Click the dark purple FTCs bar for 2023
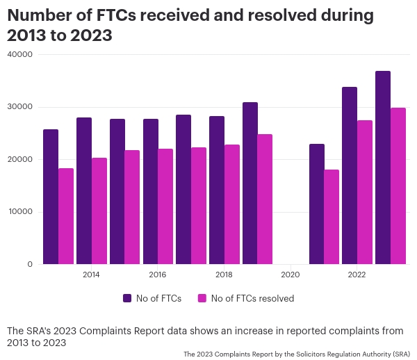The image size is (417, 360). tap(382, 167)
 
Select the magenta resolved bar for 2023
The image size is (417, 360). tap(398, 186)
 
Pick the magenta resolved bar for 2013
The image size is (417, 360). tap(66, 216)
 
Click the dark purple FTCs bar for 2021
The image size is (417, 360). tap(316, 204)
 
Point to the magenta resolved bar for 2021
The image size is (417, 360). tap(332, 217)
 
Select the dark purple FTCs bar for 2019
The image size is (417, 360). tap(250, 183)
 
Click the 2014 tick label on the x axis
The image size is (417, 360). tap(91, 275)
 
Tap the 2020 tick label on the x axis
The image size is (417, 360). tap(291, 275)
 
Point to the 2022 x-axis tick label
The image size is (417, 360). tap(357, 275)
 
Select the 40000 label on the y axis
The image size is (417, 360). tap(21, 55)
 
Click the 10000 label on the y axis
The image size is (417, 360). tap(21, 212)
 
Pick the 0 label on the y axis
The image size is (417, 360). tap(30, 264)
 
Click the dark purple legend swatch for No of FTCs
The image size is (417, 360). tap(127, 298)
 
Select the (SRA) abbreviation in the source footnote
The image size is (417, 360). tap(401, 354)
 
